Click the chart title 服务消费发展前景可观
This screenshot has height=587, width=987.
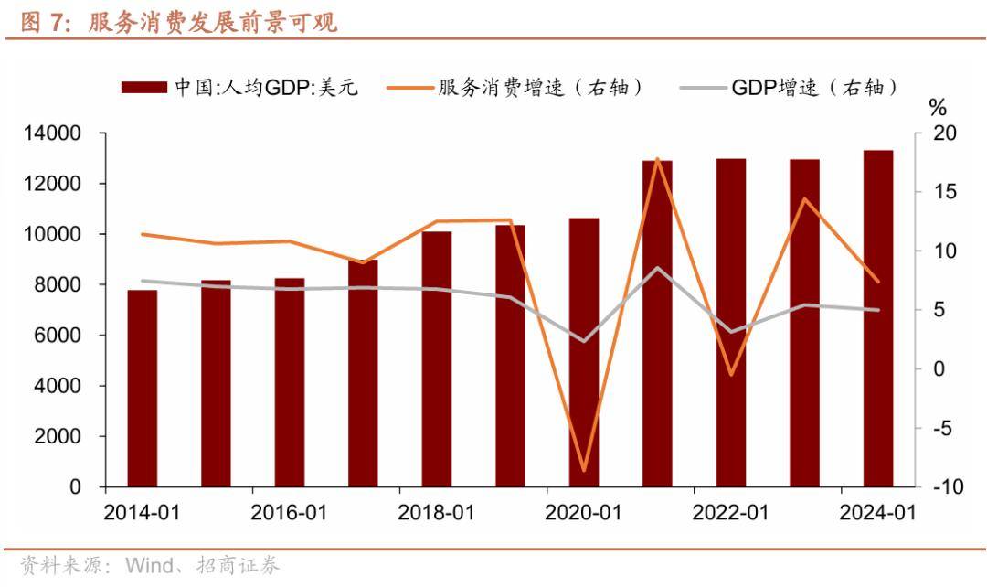(212, 23)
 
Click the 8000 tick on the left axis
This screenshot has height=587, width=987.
(63, 285)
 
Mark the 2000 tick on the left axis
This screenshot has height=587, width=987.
(63, 437)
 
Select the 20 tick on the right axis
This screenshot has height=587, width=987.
(943, 133)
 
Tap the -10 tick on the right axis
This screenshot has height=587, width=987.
(946, 487)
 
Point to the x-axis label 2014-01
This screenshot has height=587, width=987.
(142, 513)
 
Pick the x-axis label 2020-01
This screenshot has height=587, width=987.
(583, 513)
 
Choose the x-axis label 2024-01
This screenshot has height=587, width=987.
(877, 513)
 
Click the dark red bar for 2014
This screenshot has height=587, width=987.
(142, 389)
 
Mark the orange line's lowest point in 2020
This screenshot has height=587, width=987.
(584, 471)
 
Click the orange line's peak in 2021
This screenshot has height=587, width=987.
(657, 159)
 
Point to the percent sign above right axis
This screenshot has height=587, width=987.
(938, 109)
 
